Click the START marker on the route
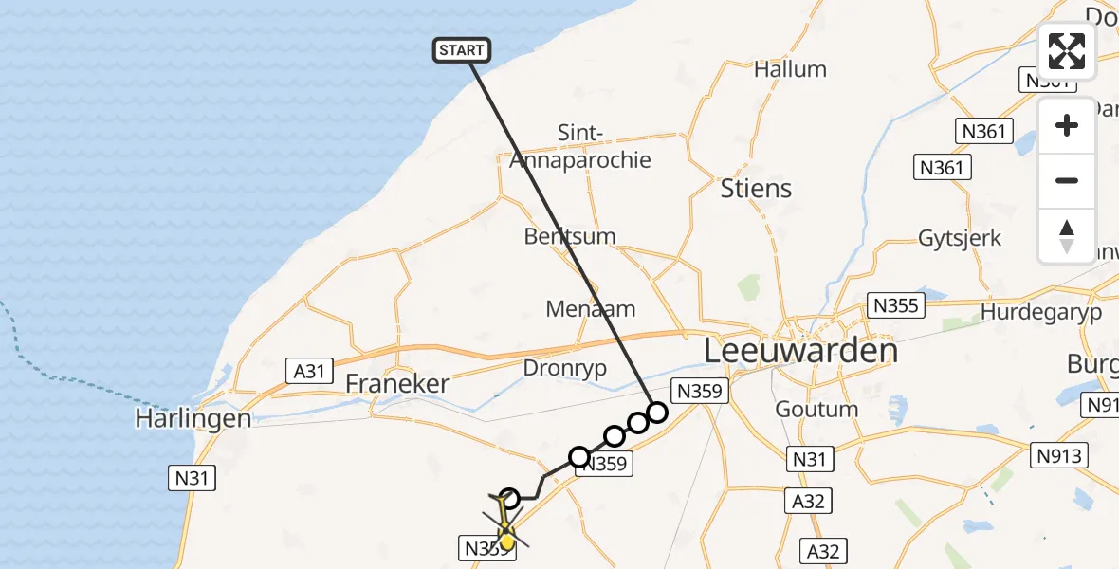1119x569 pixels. point(461,50)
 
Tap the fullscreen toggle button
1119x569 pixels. point(1067,51)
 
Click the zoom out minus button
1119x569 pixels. point(1067,180)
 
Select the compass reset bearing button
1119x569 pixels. point(1067,235)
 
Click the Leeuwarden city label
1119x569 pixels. point(800,351)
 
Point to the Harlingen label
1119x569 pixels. point(193,418)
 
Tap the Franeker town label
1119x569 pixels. point(396,384)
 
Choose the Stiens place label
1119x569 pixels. point(756,188)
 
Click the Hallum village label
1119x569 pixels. point(790,69)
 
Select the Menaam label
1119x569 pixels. point(591,309)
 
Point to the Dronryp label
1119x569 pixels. point(565,369)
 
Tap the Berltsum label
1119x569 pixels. point(570,236)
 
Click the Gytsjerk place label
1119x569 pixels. point(960,238)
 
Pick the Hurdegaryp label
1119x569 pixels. point(1041,313)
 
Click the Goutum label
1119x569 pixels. point(816,410)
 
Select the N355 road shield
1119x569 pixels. point(895,306)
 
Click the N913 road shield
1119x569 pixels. point(1058,454)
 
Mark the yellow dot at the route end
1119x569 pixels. point(506,541)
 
